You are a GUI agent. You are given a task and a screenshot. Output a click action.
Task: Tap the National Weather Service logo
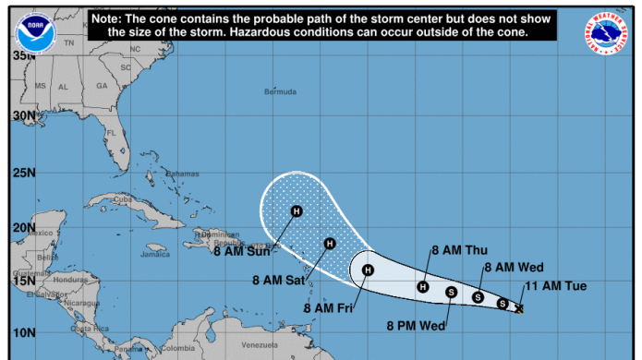click(x=606, y=31)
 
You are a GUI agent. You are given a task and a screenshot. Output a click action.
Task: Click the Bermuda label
click(x=280, y=92)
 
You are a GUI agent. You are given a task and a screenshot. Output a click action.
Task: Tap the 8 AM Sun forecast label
click(x=242, y=250)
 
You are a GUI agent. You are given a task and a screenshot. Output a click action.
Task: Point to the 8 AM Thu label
click(x=460, y=250)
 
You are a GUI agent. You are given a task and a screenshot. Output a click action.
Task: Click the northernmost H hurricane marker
click(x=297, y=210)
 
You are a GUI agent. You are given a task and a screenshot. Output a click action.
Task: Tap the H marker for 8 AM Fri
click(x=368, y=270)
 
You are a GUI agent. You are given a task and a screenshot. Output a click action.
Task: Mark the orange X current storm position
click(x=520, y=308)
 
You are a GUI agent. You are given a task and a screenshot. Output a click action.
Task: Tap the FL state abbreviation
click(x=110, y=132)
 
